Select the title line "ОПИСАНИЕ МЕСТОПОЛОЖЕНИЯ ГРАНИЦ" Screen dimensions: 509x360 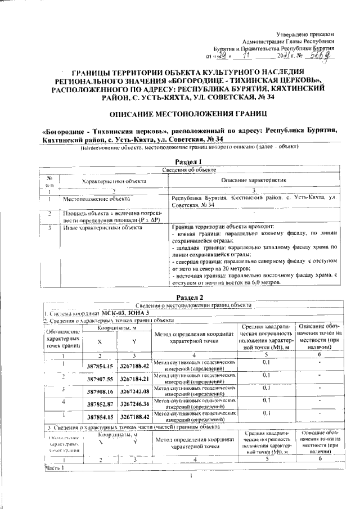pyautogui.click(x=180, y=114)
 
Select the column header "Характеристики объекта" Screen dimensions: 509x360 pyautogui.click(x=114, y=182)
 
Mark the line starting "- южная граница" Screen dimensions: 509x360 pyautogui.click(x=251, y=232)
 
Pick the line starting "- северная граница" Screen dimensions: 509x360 pyautogui.click(x=254, y=262)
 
